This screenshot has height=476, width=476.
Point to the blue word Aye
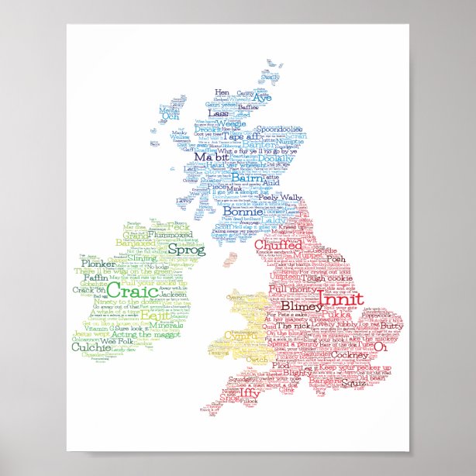tap(263, 100)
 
